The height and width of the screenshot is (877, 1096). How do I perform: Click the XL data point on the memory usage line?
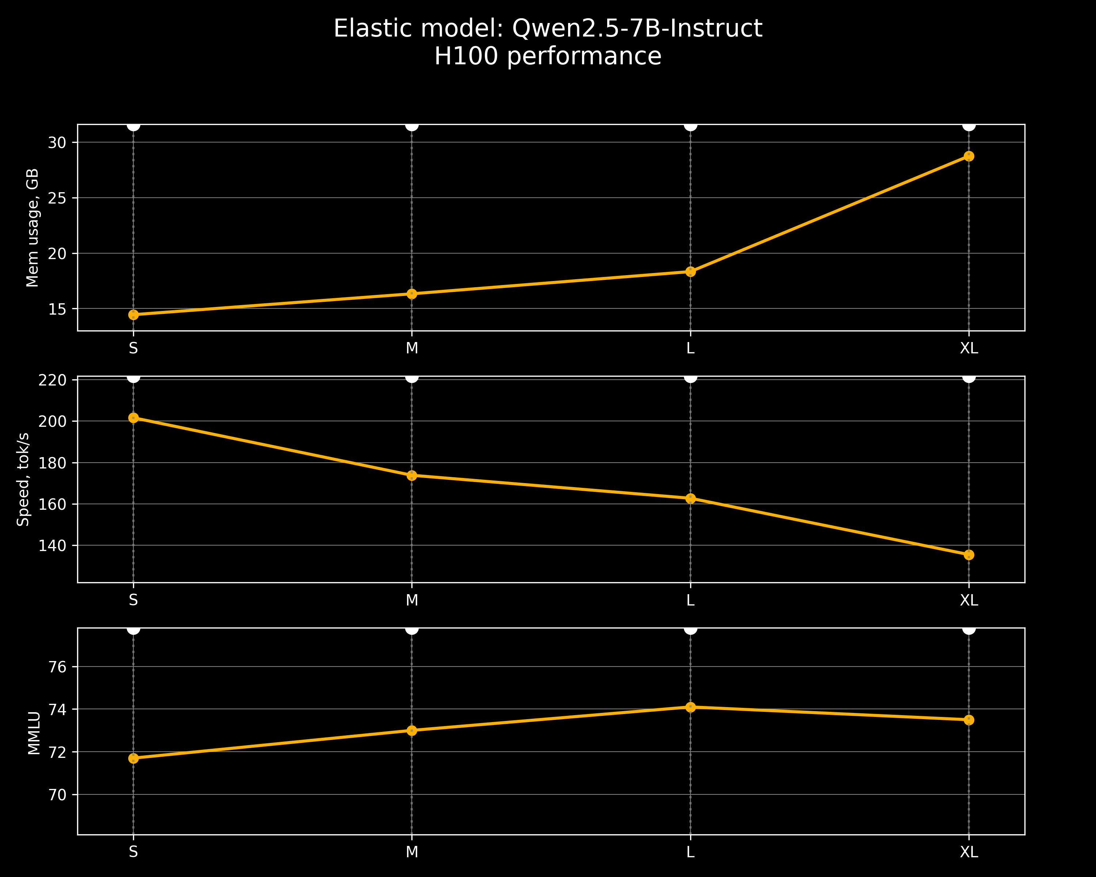click(x=969, y=156)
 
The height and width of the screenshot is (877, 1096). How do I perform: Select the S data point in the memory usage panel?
click(x=133, y=315)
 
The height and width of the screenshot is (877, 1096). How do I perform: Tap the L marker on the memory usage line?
click(x=690, y=272)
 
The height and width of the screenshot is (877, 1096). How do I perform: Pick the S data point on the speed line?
click(x=133, y=418)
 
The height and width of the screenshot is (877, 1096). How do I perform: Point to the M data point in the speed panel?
click(x=412, y=475)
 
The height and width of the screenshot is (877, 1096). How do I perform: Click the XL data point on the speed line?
click(x=969, y=555)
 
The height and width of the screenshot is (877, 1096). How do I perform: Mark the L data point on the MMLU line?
click(x=690, y=707)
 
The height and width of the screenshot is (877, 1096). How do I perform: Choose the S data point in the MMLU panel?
click(x=133, y=759)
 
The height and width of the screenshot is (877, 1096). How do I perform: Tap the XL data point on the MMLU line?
click(x=969, y=720)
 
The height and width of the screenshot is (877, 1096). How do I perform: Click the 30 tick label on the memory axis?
click(x=57, y=143)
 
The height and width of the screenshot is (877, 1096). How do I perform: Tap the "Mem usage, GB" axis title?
click(x=33, y=228)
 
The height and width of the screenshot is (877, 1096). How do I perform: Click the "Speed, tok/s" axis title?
click(x=23, y=479)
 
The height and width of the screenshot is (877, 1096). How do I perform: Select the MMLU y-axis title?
click(x=34, y=733)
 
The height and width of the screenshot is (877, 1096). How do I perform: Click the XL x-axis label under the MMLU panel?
click(x=969, y=851)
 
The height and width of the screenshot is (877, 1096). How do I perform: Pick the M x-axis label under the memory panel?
click(x=412, y=348)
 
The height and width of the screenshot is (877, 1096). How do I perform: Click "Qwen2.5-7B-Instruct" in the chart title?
click(x=637, y=29)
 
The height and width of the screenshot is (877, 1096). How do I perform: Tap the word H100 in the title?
click(x=467, y=56)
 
